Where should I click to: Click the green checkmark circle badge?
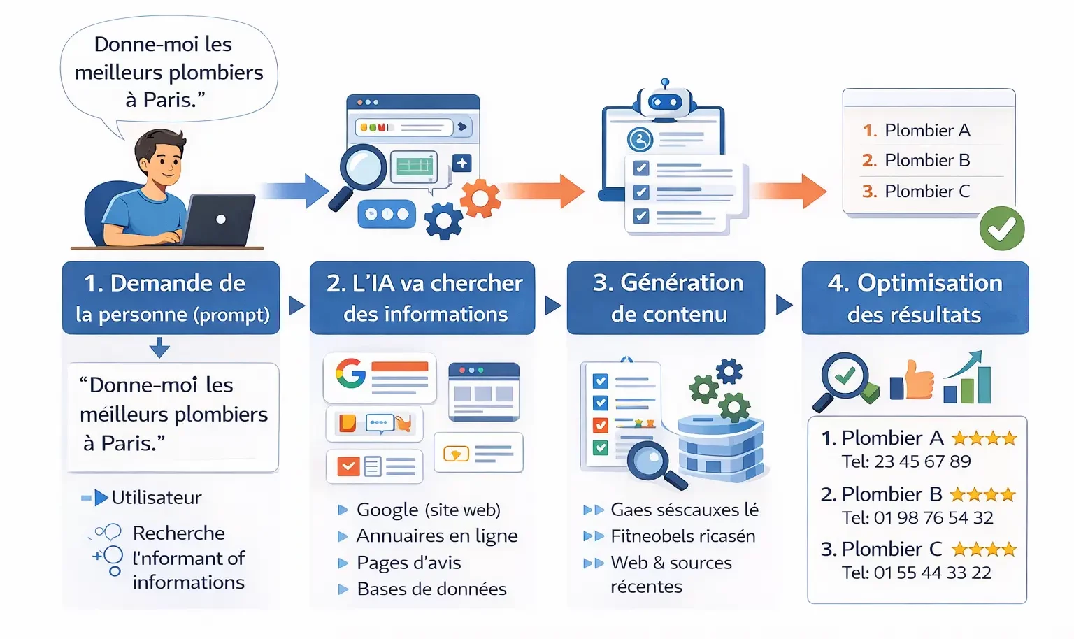pyautogui.click(x=1001, y=229)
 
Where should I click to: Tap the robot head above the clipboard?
pyautogui.click(x=665, y=102)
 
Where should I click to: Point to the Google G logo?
pyautogui.click(x=350, y=373)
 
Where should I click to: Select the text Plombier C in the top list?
pyautogui.click(x=926, y=191)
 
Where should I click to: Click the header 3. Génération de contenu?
pyautogui.click(x=667, y=299)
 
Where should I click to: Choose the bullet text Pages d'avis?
pyautogui.click(x=408, y=563)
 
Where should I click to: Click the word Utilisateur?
pyautogui.click(x=156, y=498)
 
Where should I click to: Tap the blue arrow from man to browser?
pyautogui.click(x=294, y=191)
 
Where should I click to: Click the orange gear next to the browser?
pyautogui.click(x=480, y=199)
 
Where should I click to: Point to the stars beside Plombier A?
pyautogui.click(x=984, y=438)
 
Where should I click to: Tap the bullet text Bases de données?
pyautogui.click(x=431, y=589)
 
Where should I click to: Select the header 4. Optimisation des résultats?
pyautogui.click(x=915, y=299)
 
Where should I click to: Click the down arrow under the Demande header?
pyautogui.click(x=159, y=347)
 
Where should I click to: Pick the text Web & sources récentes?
pyautogui.click(x=670, y=574)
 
